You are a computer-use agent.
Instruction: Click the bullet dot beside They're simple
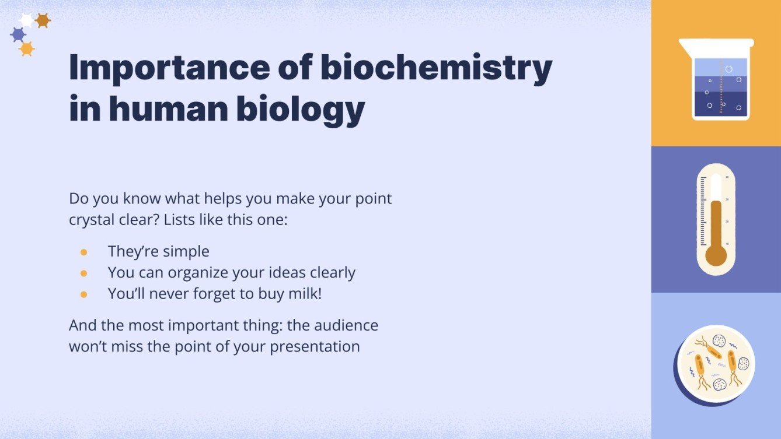pos(83,252)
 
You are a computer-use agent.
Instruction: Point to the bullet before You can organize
pos(83,273)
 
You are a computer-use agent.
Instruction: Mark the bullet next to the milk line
pos(83,294)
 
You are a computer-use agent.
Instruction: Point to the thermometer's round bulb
pos(716,255)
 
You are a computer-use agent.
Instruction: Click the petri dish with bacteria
pos(716,364)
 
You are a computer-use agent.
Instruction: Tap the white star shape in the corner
pos(26,20)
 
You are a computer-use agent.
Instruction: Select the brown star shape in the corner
pos(43,20)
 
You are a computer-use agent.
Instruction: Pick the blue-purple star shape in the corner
pos(18,35)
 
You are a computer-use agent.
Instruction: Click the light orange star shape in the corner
pos(26,49)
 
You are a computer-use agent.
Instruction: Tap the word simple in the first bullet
pos(186,252)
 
